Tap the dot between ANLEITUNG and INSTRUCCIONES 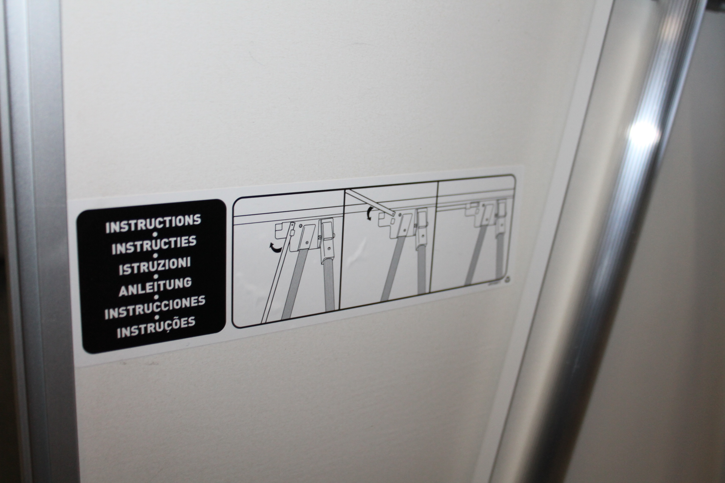click(155, 297)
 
